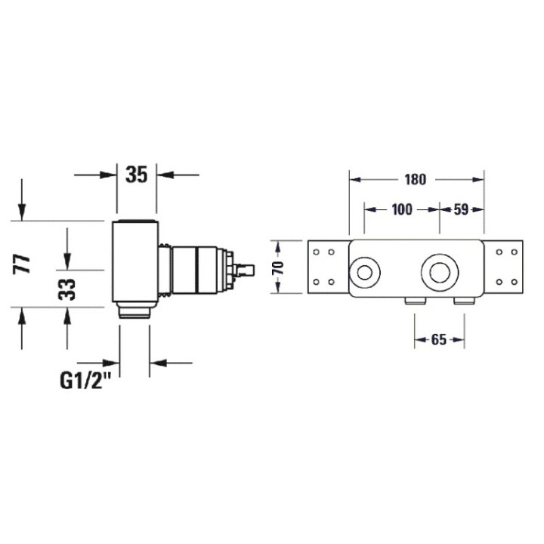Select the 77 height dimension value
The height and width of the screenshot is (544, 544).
[24, 264]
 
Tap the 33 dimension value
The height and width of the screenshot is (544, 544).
[67, 289]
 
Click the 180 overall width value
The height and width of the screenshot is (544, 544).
[415, 180]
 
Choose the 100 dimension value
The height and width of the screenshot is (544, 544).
[402, 209]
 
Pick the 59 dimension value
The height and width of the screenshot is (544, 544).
[462, 209]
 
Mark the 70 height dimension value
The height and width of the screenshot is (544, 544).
[278, 268]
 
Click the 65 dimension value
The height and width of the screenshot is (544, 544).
[439, 340]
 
